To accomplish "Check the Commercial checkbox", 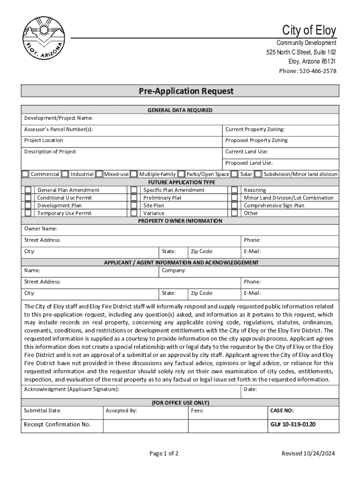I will click(x=26, y=174).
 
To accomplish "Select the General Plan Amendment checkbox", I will click(x=29, y=190).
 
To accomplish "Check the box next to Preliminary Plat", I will click(x=134, y=198).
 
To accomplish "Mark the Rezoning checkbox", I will click(x=235, y=190).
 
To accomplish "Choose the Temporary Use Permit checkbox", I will click(x=29, y=213).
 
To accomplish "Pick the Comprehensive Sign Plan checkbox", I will click(x=235, y=205).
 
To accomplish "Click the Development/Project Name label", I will click(x=58, y=118).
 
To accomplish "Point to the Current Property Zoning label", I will click(x=255, y=129).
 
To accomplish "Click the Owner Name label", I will click(x=41, y=229).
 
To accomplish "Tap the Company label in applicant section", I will click(x=174, y=270).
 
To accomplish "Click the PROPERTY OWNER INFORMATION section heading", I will click(x=180, y=221).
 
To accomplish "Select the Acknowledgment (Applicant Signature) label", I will click(x=72, y=389).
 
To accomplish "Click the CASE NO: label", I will click(x=282, y=411).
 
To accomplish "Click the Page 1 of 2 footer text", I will click(x=164, y=453).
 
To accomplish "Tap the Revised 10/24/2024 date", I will click(x=308, y=453).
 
